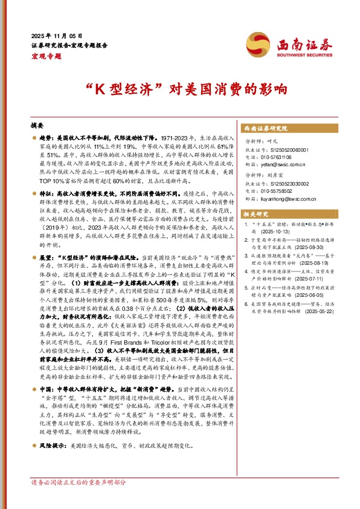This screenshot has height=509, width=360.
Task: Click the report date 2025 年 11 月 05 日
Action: pos(57,36)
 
